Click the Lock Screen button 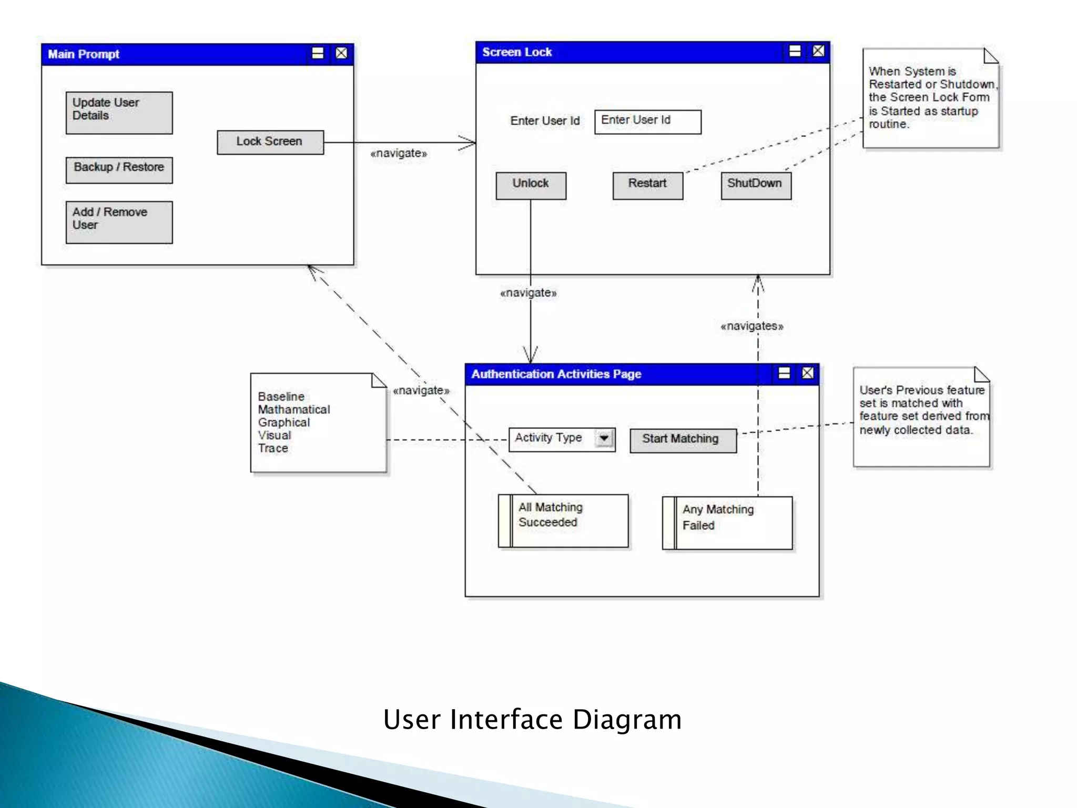[270, 142]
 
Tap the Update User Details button [119, 113]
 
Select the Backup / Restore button [119, 170]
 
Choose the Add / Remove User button [119, 222]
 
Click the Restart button [647, 186]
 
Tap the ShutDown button [756, 186]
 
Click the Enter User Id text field [647, 122]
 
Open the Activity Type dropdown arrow [604, 438]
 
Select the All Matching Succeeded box [563, 520]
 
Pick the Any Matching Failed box [727, 522]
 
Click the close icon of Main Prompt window [342, 53]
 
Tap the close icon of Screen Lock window [818, 51]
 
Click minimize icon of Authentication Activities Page [784, 373]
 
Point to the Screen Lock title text [517, 52]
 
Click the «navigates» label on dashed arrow [751, 326]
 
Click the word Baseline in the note [281, 396]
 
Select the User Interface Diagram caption [532, 719]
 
